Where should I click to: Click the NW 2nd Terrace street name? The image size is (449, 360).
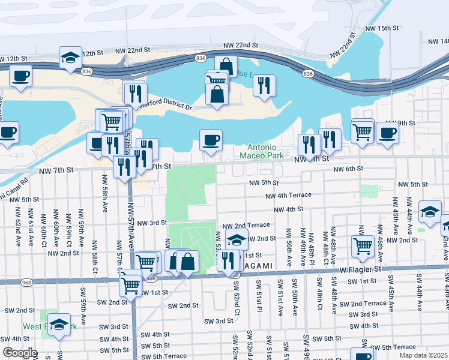(x=250, y=224)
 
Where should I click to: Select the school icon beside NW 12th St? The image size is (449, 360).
(x=70, y=58)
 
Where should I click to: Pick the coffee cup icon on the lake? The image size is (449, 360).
(x=211, y=140)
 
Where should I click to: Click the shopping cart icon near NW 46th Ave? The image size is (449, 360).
(x=363, y=245)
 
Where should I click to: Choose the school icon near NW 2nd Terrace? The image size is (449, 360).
(x=237, y=239)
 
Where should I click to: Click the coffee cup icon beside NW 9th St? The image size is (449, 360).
(x=388, y=132)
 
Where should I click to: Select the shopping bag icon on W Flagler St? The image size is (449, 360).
(x=187, y=261)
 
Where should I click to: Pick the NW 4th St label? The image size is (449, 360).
(x=288, y=209)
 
